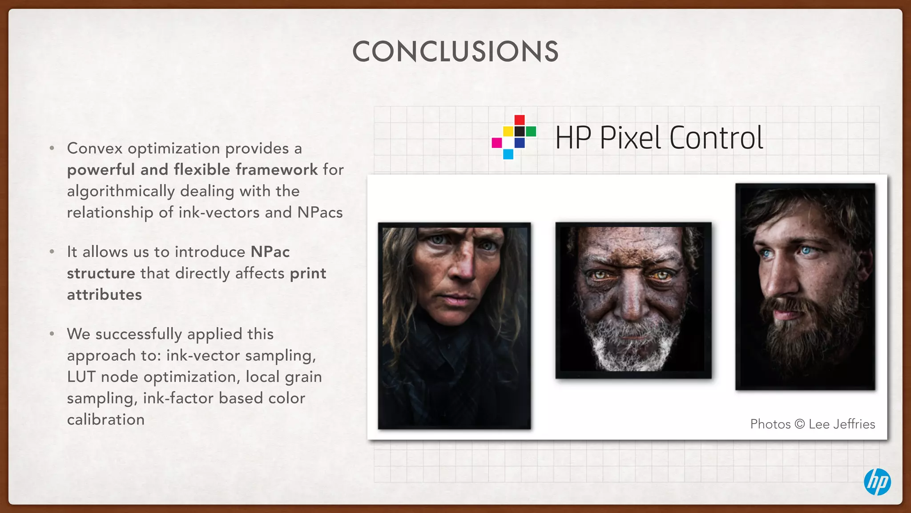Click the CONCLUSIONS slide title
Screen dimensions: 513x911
pyautogui.click(x=455, y=51)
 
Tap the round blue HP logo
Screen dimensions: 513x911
pyautogui.click(x=877, y=482)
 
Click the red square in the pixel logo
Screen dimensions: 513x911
pyautogui.click(x=520, y=120)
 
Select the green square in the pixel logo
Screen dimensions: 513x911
pyautogui.click(x=531, y=131)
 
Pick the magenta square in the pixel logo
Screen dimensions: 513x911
pyautogui.click(x=496, y=143)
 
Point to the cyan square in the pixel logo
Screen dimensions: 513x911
pyautogui.click(x=508, y=154)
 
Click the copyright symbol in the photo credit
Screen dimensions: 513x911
pyautogui.click(x=799, y=424)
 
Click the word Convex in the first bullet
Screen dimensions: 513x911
pyautogui.click(x=95, y=148)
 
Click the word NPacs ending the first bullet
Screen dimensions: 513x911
pyautogui.click(x=320, y=212)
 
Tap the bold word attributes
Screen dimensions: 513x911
pyautogui.click(x=105, y=295)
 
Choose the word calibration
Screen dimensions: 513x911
pyautogui.click(x=106, y=419)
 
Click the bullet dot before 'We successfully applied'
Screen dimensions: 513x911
pyautogui.click(x=52, y=334)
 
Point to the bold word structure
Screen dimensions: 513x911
pyautogui.click(x=101, y=273)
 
